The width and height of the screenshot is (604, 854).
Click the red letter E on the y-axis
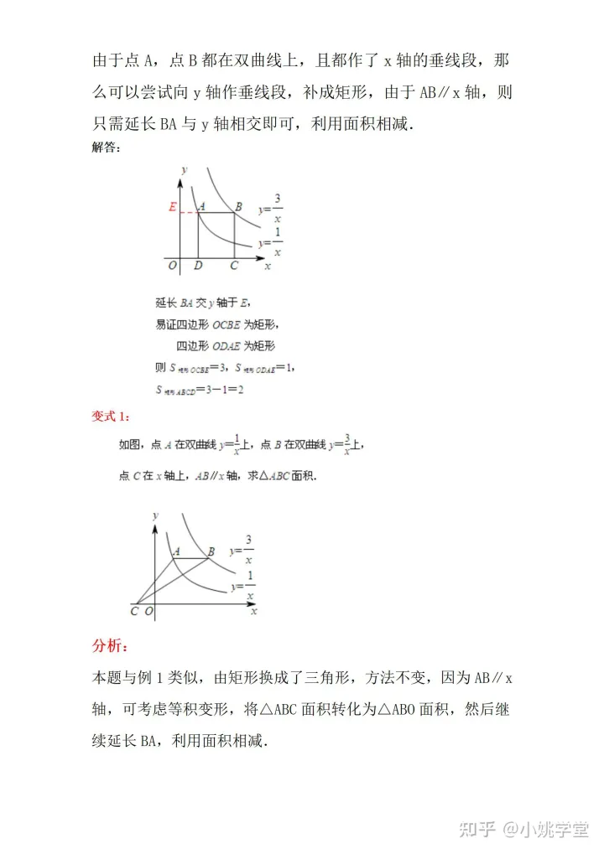172,207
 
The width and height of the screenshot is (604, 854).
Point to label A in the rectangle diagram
201,206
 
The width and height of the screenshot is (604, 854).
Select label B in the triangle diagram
211,551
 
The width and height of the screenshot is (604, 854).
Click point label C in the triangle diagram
135,612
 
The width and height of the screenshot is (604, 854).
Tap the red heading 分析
109,646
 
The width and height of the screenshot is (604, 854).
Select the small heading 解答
105,148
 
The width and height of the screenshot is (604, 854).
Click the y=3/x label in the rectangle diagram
272,206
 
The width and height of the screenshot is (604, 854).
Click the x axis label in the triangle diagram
253,612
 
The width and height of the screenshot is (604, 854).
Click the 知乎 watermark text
477,829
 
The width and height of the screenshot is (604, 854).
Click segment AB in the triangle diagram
193,558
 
